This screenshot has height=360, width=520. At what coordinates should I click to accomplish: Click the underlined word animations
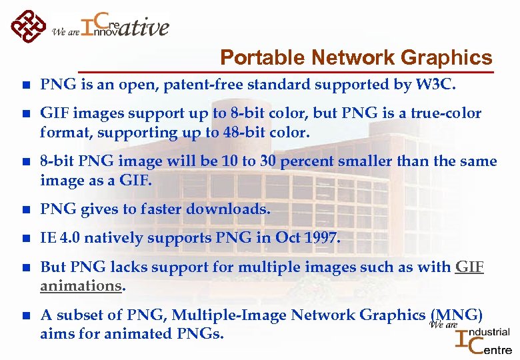[80, 285]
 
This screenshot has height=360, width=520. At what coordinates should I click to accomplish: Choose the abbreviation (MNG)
[457, 315]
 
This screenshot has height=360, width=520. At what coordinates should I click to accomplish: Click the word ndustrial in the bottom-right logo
[491, 332]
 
